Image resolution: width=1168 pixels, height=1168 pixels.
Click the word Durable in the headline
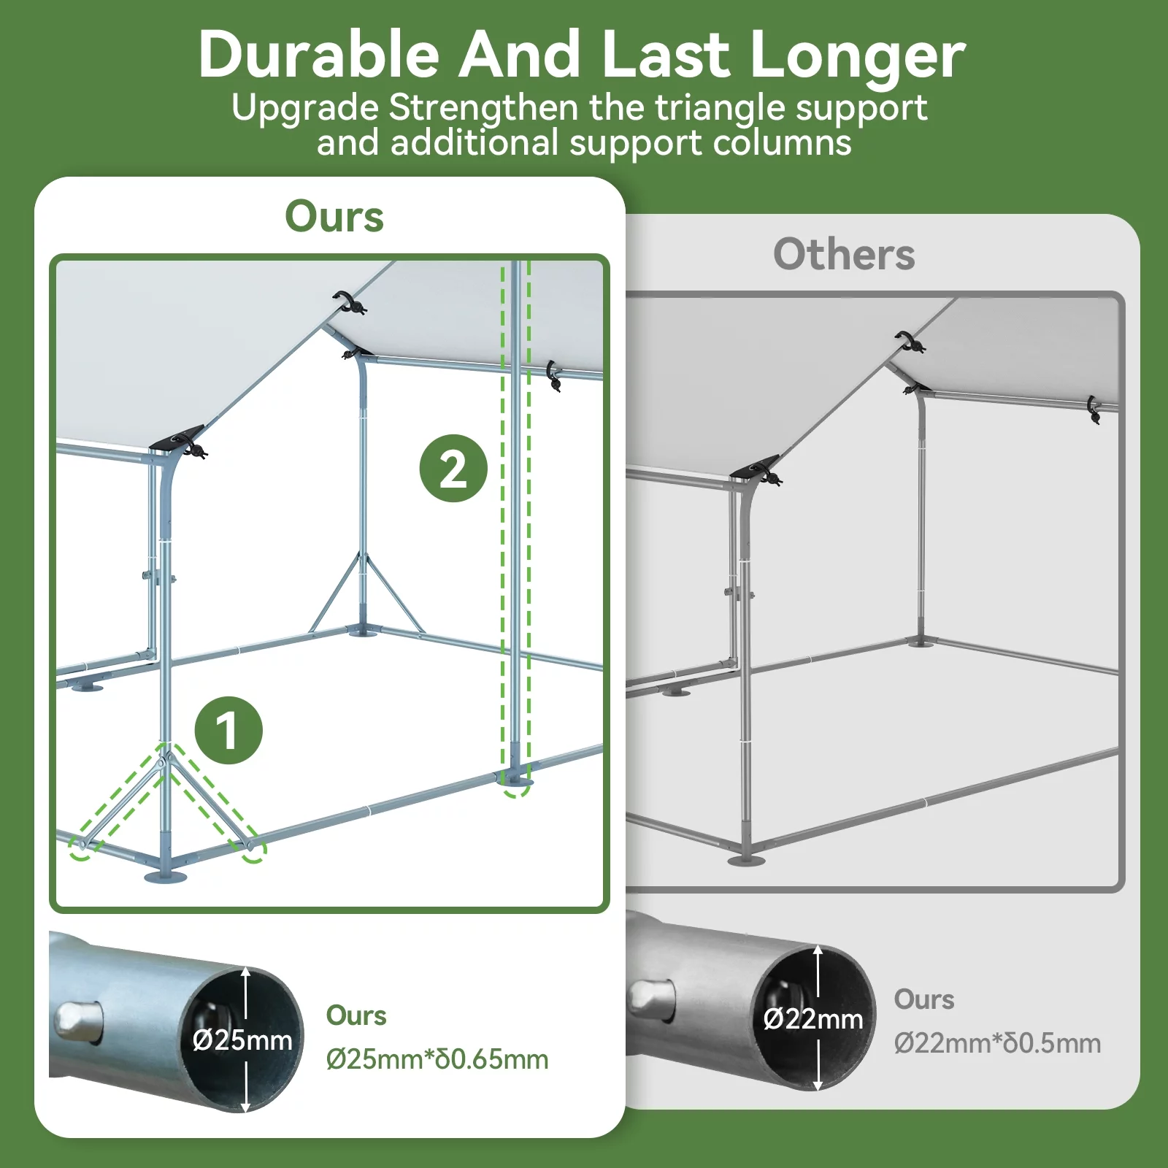pos(319,55)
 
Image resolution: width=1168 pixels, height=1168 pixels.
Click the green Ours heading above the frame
pos(334,217)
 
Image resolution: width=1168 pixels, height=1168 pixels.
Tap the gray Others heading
pos(844,254)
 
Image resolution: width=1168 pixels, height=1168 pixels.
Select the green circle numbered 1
pos(228,730)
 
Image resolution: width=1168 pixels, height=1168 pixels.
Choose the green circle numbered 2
pos(453,468)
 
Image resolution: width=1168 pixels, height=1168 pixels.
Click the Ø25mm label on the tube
pos(243,1040)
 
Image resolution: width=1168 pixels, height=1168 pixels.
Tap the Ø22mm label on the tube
pos(813,1018)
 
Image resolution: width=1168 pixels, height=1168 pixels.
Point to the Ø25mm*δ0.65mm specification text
pos(437,1059)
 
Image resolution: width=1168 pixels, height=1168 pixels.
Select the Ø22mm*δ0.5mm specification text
pos(997,1043)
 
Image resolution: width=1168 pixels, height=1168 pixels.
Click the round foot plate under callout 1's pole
pos(167,875)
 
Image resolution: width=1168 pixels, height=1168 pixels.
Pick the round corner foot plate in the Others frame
pos(746,860)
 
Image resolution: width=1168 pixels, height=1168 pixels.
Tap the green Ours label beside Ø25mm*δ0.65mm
pos(356,1015)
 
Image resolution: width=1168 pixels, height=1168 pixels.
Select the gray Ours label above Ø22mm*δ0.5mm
pos(924,999)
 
